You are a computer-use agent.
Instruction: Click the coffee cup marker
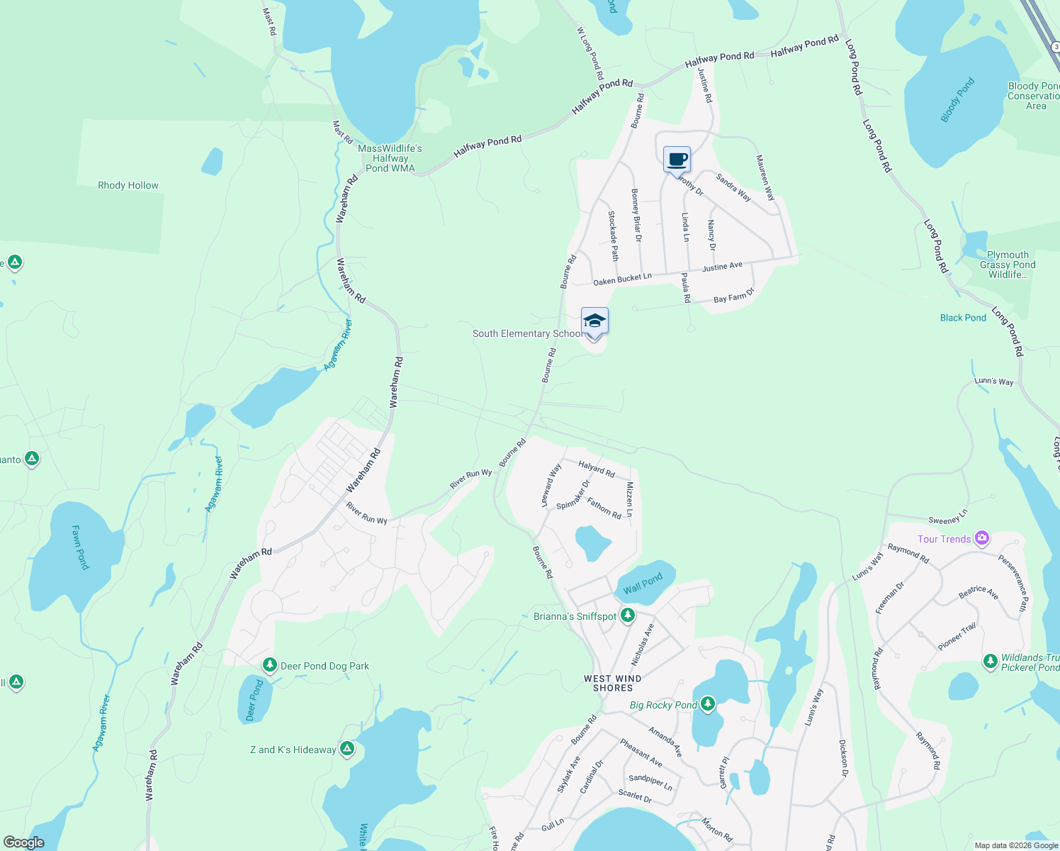(677, 160)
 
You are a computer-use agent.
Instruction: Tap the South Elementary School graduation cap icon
(594, 321)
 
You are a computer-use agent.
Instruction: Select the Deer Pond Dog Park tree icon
(269, 665)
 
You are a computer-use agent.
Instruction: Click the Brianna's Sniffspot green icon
(627, 616)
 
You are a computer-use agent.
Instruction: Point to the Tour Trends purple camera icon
(981, 539)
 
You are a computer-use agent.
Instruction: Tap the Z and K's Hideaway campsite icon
(346, 749)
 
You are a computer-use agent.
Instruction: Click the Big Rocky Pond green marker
(707, 704)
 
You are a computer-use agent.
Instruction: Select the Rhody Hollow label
(128, 185)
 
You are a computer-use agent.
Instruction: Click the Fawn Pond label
(81, 547)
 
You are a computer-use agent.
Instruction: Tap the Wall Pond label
(643, 584)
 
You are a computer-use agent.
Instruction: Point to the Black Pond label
(963, 318)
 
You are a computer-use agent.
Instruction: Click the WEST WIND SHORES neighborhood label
(613, 683)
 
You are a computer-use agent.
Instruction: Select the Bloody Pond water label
(957, 100)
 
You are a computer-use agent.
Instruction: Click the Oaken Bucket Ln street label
(622, 279)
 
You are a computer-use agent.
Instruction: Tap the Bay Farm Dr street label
(734, 296)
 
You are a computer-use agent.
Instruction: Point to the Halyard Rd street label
(597, 469)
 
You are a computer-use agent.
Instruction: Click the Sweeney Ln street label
(948, 517)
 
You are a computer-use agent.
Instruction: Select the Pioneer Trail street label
(957, 636)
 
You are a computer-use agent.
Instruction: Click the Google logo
(24, 842)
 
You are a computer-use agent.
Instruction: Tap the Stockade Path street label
(614, 235)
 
